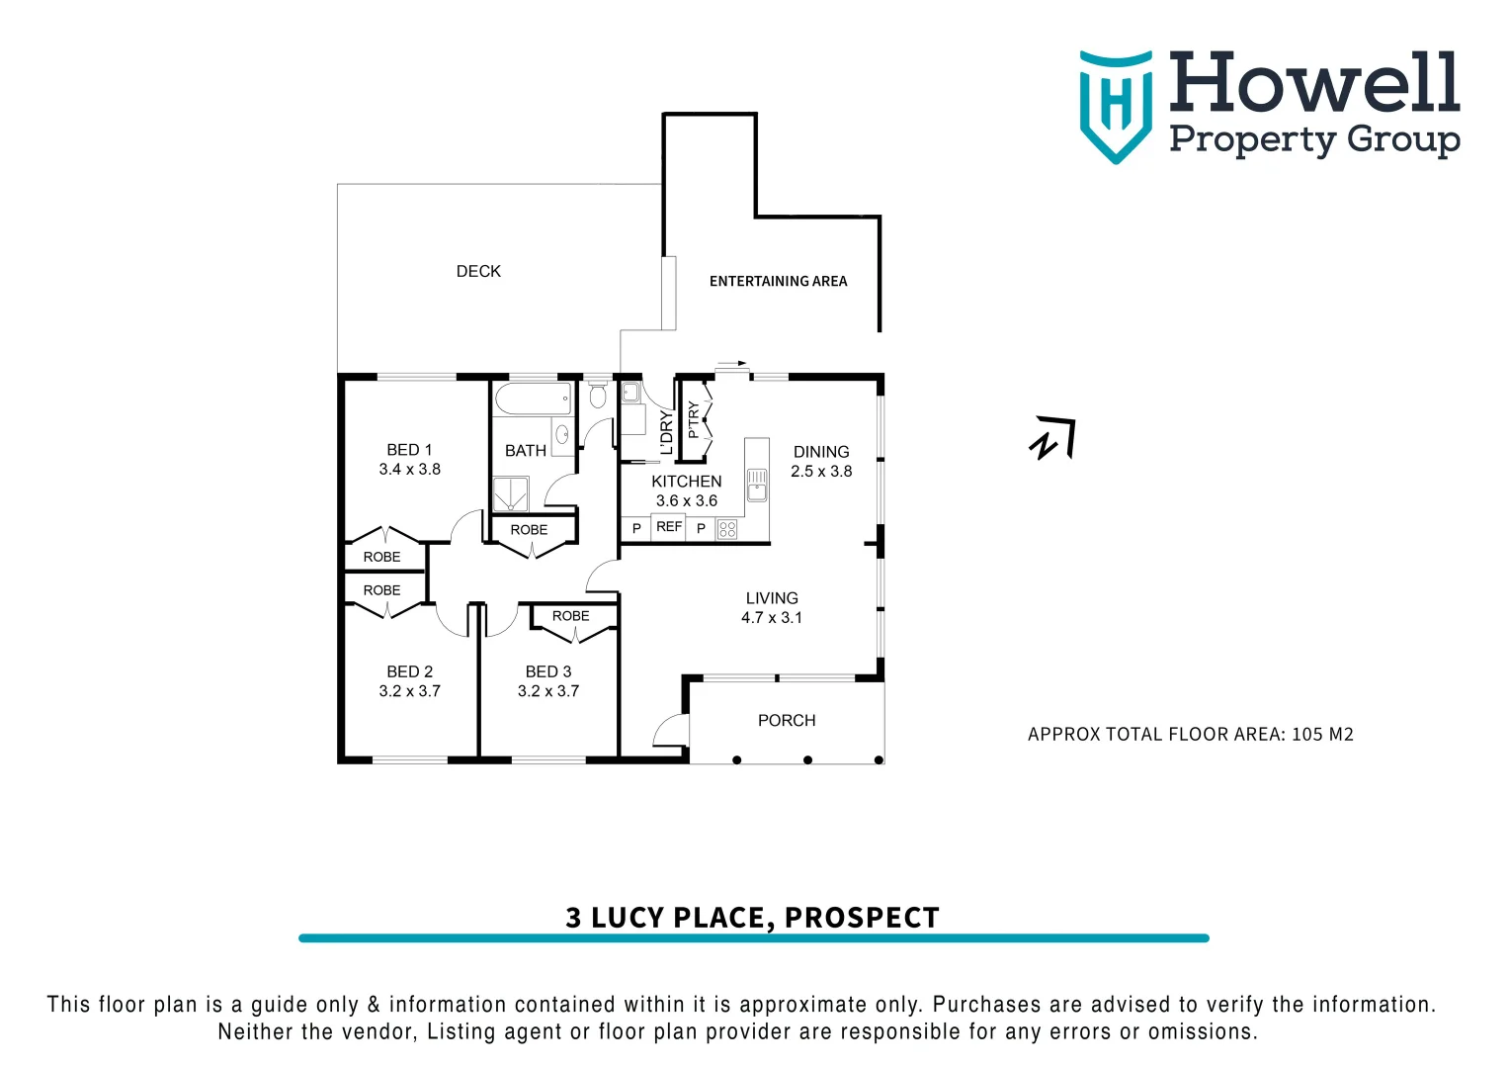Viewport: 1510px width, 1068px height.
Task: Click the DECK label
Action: point(478,271)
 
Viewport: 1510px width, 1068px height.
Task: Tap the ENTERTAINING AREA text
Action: point(778,281)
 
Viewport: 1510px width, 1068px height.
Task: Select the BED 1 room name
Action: point(409,450)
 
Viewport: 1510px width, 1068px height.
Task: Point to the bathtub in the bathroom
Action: point(533,400)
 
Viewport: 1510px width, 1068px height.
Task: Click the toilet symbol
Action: point(597,396)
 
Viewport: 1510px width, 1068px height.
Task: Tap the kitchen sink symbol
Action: point(757,486)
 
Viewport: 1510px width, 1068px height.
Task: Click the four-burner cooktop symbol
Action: point(727,529)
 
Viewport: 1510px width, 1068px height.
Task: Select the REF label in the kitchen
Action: point(669,527)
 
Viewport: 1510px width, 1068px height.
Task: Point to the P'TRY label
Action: point(694,419)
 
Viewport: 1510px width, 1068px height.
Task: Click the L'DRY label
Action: point(666,432)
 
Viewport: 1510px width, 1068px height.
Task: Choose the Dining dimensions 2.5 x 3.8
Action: point(821,472)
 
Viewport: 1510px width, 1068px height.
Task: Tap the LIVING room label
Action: point(772,598)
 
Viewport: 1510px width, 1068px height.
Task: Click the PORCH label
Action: point(787,721)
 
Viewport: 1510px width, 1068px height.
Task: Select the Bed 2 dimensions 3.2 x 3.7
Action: point(409,691)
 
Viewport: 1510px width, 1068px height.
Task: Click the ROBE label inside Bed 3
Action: point(570,616)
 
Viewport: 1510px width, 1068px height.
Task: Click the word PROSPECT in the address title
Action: point(861,918)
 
